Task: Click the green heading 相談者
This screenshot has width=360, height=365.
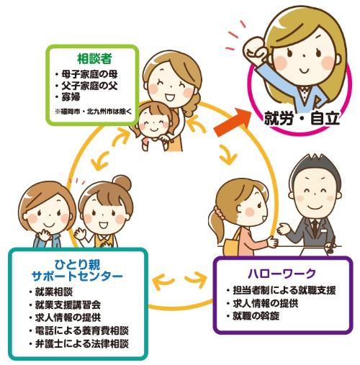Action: [94, 58]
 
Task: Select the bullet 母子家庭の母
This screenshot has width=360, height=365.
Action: [89, 74]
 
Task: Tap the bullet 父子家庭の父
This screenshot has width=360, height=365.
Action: [89, 86]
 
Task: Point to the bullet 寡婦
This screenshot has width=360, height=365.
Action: [71, 97]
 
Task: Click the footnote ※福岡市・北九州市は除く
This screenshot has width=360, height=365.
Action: [94, 112]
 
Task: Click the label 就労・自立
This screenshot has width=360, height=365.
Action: [302, 118]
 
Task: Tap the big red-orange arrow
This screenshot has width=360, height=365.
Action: [233, 122]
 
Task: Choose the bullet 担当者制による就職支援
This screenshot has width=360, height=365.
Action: [284, 290]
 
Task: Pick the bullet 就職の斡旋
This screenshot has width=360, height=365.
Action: [256, 316]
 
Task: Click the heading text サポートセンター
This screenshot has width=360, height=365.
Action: [77, 276]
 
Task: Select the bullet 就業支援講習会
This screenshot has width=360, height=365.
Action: [68, 305]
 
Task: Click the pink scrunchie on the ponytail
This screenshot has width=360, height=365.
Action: [220, 213]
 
